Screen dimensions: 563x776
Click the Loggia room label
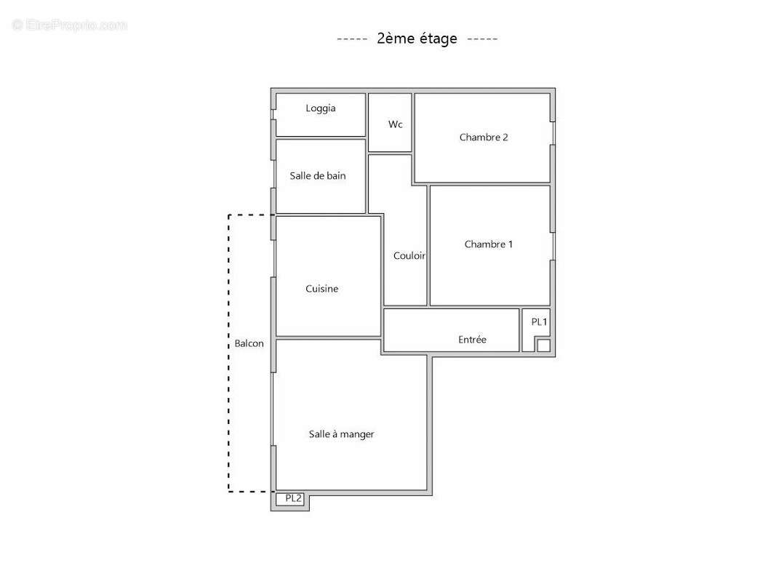[x=321, y=108]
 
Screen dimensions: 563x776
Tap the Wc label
[x=395, y=124]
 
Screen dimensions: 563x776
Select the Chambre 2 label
[x=484, y=137]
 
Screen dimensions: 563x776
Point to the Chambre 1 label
[x=489, y=244]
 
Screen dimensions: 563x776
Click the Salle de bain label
[x=318, y=175]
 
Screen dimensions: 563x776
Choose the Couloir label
[x=409, y=255]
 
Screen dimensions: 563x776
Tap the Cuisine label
[x=321, y=289]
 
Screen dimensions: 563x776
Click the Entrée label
[x=472, y=340]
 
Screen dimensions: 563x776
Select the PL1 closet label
[x=539, y=322]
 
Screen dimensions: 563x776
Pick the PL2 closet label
[x=293, y=498]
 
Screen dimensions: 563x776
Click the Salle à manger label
[x=341, y=434]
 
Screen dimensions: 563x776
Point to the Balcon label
[x=249, y=343]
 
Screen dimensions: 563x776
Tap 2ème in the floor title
[x=393, y=39]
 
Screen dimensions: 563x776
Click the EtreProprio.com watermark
[x=70, y=25]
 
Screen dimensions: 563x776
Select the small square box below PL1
[x=543, y=346]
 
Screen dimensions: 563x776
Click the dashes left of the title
[x=352, y=39]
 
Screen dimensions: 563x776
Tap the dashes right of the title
[x=482, y=39]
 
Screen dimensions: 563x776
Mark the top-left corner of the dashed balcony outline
[x=229, y=215]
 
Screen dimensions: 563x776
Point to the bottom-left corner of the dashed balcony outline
[x=229, y=492]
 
